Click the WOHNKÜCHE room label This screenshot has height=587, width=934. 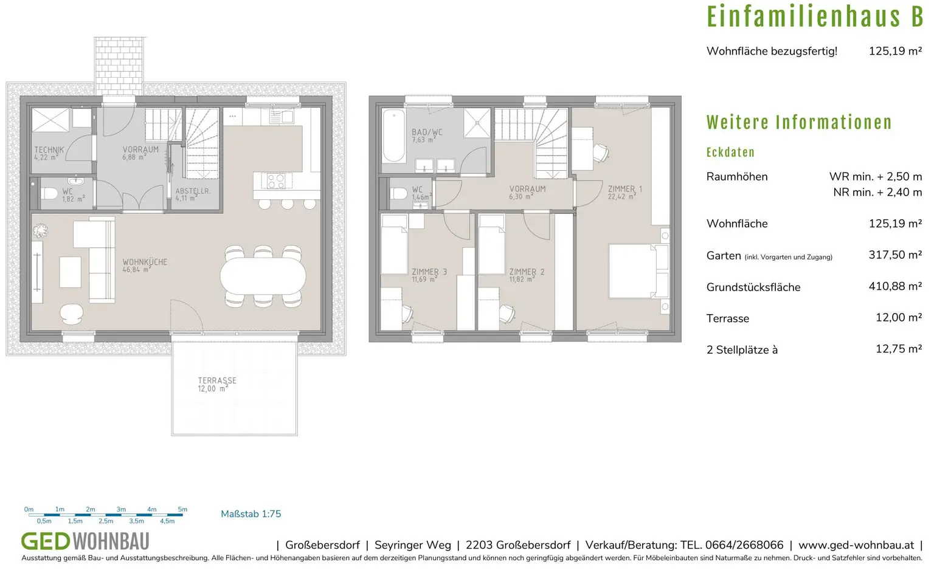pyautogui.click(x=145, y=262)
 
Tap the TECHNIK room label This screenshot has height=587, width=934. pyautogui.click(x=49, y=149)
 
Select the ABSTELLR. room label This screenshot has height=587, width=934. pyautogui.click(x=193, y=191)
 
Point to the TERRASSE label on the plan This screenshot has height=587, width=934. pyautogui.click(x=217, y=380)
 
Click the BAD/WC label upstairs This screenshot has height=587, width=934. pyautogui.click(x=427, y=132)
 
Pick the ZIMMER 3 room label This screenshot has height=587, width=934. pyautogui.click(x=429, y=272)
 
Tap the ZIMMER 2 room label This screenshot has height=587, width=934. pyautogui.click(x=527, y=272)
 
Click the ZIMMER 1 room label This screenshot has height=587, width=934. pyautogui.click(x=625, y=189)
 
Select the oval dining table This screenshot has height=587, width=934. pyautogui.click(x=263, y=276)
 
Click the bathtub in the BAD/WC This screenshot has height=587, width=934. pyautogui.click(x=393, y=136)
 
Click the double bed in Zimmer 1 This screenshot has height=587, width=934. pyautogui.click(x=638, y=271)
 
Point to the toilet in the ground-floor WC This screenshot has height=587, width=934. pyautogui.click(x=49, y=193)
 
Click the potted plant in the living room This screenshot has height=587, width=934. pyautogui.click(x=40, y=230)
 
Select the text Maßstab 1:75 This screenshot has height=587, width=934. pyautogui.click(x=251, y=514)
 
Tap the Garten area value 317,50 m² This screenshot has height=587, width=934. pyautogui.click(x=895, y=255)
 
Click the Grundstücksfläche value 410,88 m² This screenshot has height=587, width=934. pyautogui.click(x=895, y=286)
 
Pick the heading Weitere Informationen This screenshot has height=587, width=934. pyautogui.click(x=799, y=123)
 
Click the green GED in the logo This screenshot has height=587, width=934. pyautogui.click(x=46, y=541)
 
